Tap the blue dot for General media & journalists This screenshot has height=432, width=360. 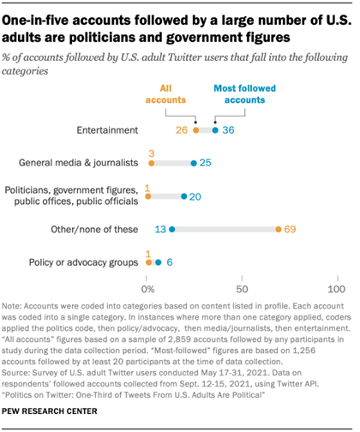[x=195, y=162]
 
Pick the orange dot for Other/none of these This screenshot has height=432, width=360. [x=278, y=229]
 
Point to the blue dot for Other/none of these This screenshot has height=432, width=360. [x=172, y=229]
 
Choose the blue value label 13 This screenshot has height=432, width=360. [x=159, y=229]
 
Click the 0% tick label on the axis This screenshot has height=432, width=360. [x=149, y=291]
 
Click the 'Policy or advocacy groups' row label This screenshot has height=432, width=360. [x=81, y=261]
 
